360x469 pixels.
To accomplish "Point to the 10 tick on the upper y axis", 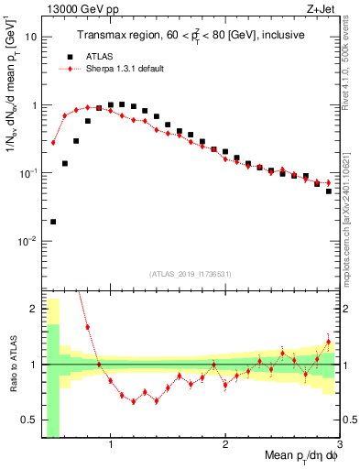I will click(34, 38).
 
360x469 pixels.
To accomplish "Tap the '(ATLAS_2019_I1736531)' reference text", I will click(191, 274).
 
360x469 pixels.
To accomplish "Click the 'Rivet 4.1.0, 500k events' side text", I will click(351, 73).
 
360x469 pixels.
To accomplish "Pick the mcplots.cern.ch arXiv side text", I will click(351, 211).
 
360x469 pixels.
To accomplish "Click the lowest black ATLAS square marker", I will click(53, 222).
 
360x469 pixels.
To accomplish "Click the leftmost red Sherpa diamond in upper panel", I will click(53, 142).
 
